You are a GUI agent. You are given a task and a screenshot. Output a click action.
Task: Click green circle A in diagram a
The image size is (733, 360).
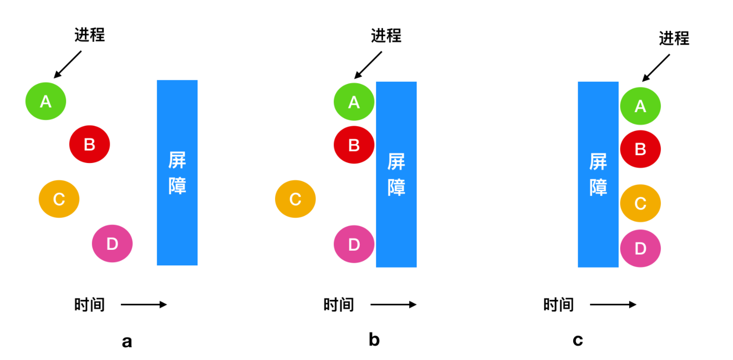45,101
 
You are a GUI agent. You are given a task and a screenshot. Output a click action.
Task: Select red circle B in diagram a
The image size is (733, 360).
90,144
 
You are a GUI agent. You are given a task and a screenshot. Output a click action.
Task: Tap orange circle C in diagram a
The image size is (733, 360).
59,199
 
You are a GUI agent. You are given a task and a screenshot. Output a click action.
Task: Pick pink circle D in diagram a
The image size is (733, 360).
112,243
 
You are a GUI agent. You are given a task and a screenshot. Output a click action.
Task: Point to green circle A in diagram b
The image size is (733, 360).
354,102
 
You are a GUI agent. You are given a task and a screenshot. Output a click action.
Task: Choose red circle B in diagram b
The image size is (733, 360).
354,145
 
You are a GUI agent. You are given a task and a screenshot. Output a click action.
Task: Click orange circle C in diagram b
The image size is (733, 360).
295,199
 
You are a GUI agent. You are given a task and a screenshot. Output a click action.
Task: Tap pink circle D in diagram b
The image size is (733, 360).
354,244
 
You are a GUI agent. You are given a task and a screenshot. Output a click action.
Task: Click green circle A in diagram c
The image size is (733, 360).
640,106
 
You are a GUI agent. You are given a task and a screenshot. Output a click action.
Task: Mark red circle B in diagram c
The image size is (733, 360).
640,149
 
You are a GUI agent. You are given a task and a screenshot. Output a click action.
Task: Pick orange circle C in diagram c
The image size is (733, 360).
640,203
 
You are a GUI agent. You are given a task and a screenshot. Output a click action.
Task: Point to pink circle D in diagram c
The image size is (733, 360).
640,248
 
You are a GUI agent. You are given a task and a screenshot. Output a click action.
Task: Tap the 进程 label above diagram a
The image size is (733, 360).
90,35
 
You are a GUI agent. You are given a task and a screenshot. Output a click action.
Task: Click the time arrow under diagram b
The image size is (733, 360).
393,304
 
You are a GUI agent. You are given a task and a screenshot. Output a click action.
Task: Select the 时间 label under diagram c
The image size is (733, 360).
558,304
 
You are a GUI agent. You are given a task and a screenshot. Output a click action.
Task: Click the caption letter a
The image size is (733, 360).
127,342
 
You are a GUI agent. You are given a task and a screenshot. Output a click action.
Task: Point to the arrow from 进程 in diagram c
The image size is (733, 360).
656,68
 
